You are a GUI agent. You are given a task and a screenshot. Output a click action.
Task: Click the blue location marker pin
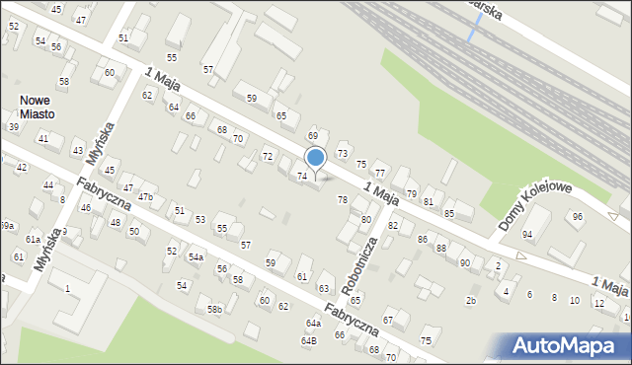pyautogui.click(x=316, y=158)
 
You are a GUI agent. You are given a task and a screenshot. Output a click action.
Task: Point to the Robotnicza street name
pyautogui.click(x=358, y=264)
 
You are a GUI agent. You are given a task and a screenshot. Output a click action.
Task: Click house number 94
pyautogui.click(x=527, y=234)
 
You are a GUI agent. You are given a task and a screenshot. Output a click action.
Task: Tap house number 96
pyautogui.click(x=578, y=217)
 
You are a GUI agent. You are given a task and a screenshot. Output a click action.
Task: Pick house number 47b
pyautogui.click(x=145, y=197)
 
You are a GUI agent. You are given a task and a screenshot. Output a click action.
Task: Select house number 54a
pyautogui.click(x=196, y=257)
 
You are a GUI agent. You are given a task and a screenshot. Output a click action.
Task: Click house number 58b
pyautogui.click(x=214, y=310)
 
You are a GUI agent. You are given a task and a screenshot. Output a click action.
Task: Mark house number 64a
pyautogui.click(x=313, y=323)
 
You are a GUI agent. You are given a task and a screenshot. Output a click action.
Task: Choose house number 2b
pyautogui.click(x=471, y=300)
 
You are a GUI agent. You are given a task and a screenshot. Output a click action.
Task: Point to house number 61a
pyautogui.click(x=33, y=240)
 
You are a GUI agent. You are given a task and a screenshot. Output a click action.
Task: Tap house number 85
pyautogui.click(x=448, y=213)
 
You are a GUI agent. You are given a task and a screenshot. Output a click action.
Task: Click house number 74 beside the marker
pyautogui.click(x=302, y=177)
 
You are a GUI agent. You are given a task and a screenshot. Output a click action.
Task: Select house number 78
pyautogui.click(x=343, y=200)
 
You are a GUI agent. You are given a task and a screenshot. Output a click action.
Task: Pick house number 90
pyautogui.click(x=464, y=262)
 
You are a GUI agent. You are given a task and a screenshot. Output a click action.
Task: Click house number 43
pyautogui.click(x=78, y=150)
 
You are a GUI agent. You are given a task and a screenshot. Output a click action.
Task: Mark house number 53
pyautogui.click(x=199, y=219)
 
